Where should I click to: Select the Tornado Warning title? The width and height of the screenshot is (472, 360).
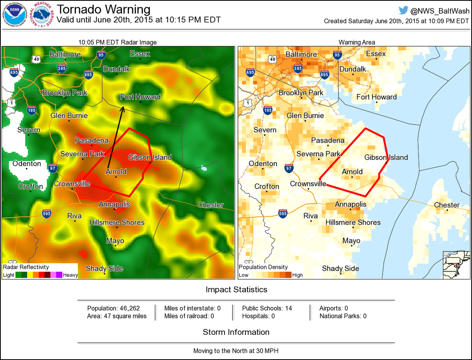[104, 9]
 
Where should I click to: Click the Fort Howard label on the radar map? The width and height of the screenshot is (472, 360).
[140, 97]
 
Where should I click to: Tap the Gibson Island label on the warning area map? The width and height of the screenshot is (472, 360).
[386, 157]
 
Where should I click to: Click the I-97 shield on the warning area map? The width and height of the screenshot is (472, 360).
[289, 168]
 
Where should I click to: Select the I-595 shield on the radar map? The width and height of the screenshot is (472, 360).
[46, 213]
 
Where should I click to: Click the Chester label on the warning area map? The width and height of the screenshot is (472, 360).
[446, 205]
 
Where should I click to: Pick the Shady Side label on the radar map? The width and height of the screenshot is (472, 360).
[104, 268]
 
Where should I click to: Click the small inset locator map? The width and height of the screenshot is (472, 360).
[456, 264]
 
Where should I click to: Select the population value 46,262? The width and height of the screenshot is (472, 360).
[127, 308]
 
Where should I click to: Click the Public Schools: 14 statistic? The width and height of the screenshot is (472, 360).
[267, 308]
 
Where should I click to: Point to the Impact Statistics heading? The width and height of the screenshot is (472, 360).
[236, 290]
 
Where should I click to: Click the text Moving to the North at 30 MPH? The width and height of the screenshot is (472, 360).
[236, 350]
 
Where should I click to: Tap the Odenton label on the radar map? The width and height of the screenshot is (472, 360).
[27, 163]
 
